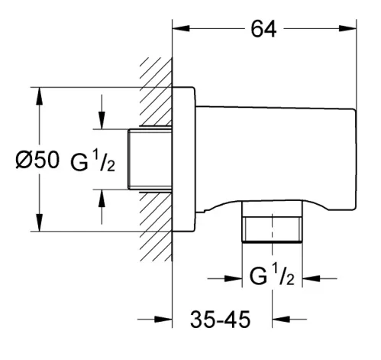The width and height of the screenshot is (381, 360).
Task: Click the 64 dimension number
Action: [263, 28]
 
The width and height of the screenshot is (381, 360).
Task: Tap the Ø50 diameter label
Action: [37, 160]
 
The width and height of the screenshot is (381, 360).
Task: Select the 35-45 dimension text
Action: [220, 319]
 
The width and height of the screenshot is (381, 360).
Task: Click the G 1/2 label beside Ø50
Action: [92, 161]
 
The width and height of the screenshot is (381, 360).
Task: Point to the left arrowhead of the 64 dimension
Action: [181, 28]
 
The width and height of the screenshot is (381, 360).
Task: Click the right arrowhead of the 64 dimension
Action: [347, 28]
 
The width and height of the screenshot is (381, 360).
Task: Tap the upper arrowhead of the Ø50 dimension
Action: [39, 96]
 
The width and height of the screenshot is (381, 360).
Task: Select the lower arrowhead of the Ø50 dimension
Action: [39, 222]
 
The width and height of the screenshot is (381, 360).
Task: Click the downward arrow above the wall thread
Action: [102, 112]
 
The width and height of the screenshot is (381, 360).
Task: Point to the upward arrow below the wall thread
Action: [102, 207]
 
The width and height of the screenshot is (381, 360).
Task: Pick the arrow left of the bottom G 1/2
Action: [224, 278]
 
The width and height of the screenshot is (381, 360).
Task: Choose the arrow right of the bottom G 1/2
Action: [319, 278]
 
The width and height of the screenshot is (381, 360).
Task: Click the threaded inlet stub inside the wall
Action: [150, 160]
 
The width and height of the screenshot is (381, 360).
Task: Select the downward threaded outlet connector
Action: [272, 221]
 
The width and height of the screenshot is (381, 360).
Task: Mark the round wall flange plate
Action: [184, 159]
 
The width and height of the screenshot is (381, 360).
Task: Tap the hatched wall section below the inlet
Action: [156, 226]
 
